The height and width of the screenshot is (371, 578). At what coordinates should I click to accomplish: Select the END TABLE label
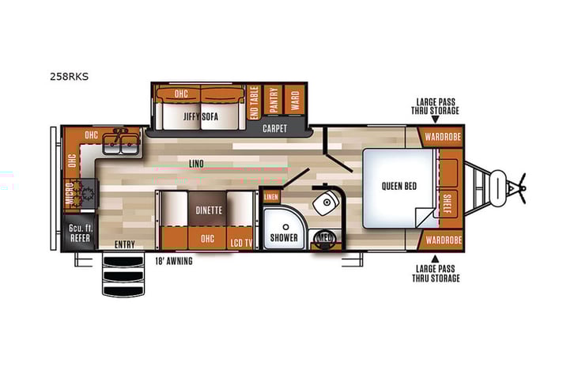(x=254, y=102)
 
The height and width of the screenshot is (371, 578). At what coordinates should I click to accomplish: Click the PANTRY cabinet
(x=273, y=101)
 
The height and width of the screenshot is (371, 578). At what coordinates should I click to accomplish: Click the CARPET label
(x=274, y=127)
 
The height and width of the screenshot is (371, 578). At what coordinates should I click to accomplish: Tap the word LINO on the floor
(x=196, y=164)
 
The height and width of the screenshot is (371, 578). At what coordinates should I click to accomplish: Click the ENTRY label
(x=123, y=244)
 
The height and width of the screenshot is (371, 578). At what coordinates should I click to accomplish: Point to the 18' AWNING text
(x=173, y=260)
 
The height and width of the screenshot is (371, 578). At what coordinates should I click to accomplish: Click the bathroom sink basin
(x=324, y=204)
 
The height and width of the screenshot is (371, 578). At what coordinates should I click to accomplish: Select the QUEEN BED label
(x=399, y=187)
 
